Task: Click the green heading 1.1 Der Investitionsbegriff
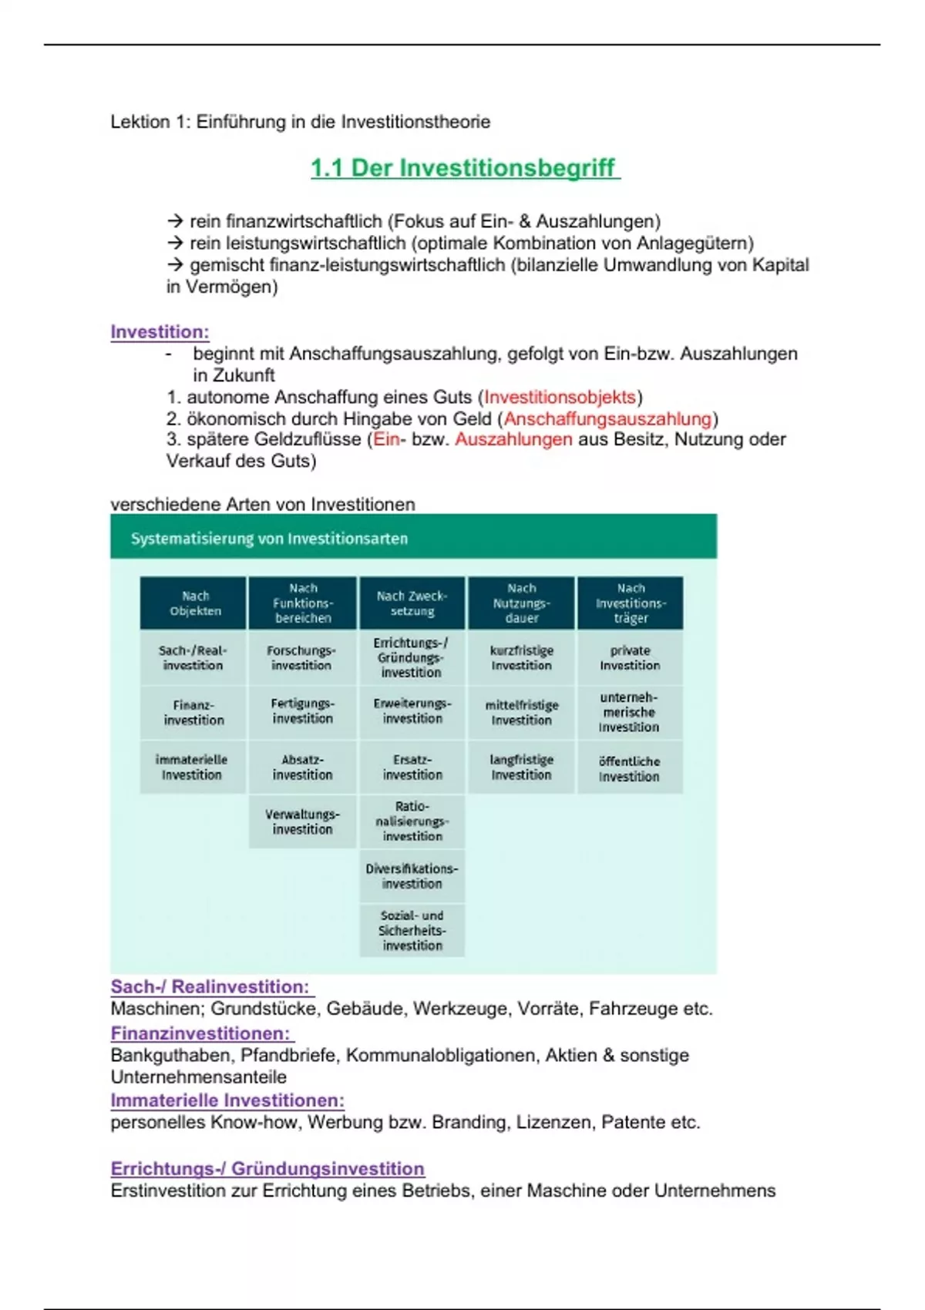(x=464, y=168)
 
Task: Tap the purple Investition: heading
(x=160, y=332)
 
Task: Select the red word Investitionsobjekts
(x=560, y=397)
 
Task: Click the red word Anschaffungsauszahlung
(x=607, y=418)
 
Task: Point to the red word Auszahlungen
(x=513, y=439)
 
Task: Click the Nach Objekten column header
(x=194, y=603)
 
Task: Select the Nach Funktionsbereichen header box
(x=303, y=603)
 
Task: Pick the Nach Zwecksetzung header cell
(x=412, y=603)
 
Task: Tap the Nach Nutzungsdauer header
(x=522, y=603)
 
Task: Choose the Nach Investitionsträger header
(x=631, y=603)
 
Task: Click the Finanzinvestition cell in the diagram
(x=193, y=713)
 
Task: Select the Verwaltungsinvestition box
(x=302, y=822)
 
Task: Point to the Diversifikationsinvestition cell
(x=412, y=876)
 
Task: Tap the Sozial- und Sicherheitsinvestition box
(x=412, y=930)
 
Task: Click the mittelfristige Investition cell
(x=522, y=713)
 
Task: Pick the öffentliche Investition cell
(x=630, y=768)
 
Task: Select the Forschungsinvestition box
(x=301, y=658)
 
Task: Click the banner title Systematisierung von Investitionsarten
(x=269, y=539)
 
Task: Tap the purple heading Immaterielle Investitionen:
(x=227, y=1100)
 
